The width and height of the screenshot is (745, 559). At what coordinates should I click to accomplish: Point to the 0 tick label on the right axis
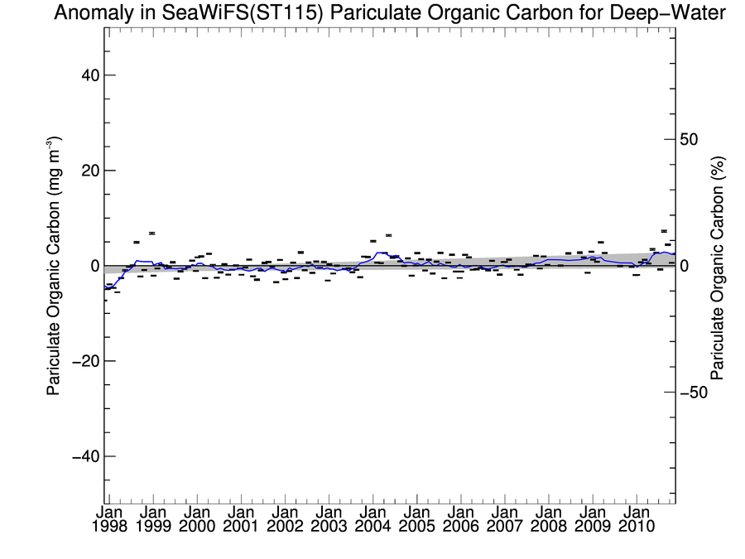(x=684, y=266)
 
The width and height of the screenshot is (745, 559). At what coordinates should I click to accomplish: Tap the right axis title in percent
(x=718, y=266)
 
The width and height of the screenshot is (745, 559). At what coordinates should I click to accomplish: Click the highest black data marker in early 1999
(x=152, y=234)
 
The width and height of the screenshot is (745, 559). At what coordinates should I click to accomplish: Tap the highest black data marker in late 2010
(x=664, y=231)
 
